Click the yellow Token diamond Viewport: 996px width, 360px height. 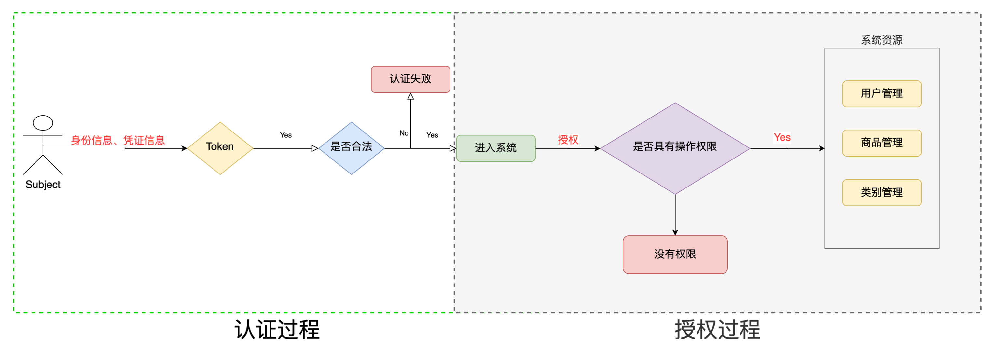(220, 148)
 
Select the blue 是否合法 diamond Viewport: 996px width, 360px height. (352, 148)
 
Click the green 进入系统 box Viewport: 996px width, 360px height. (496, 148)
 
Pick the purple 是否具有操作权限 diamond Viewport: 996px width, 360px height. (675, 148)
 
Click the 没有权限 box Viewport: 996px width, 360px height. (675, 255)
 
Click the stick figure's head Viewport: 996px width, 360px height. (43, 123)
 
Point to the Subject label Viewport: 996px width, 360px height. (43, 185)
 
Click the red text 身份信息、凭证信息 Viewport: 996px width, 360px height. (118, 140)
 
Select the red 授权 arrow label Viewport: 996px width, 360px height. (568, 140)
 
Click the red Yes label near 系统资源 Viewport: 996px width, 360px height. (782, 137)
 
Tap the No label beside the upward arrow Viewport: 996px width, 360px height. (404, 133)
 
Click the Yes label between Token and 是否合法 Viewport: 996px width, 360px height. (286, 135)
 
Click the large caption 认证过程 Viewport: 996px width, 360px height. (277, 330)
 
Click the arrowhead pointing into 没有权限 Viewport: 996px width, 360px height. (675, 232)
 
